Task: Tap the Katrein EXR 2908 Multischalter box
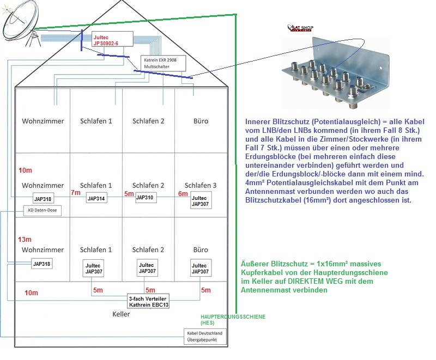pyautogui.click(x=163, y=63)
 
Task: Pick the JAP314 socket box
pyautogui.click(x=96, y=199)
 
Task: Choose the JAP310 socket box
pyautogui.click(x=145, y=197)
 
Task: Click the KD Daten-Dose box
pyautogui.click(x=42, y=210)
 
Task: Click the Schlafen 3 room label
pyautogui.click(x=201, y=185)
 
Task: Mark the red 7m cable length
pyautogui.click(x=75, y=193)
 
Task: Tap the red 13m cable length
pyautogui.click(x=25, y=239)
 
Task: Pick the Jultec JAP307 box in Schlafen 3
pyautogui.click(x=200, y=201)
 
